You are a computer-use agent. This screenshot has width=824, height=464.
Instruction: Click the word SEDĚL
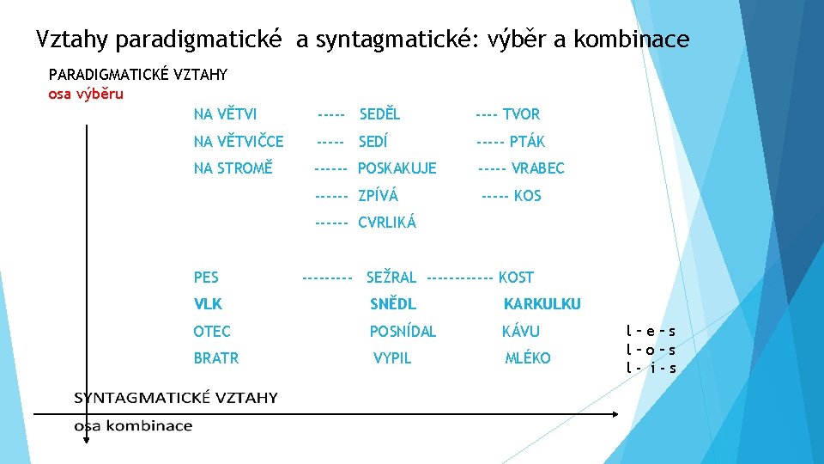point(379,114)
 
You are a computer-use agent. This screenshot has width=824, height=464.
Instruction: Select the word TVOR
point(521,114)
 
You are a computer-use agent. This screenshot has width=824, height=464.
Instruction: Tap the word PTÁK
point(527,142)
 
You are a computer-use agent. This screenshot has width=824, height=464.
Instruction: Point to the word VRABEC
point(538,168)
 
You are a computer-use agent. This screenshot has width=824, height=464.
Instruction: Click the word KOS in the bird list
point(527,196)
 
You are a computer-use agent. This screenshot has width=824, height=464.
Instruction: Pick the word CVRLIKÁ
point(386,223)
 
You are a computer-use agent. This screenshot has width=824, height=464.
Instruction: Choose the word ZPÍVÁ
point(378,196)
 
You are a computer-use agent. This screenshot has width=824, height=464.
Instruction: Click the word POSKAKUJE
point(397,168)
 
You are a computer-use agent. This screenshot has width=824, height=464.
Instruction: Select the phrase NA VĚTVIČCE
point(239,142)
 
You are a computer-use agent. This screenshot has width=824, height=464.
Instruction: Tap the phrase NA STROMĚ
point(233,168)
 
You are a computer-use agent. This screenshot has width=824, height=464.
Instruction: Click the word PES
point(206,278)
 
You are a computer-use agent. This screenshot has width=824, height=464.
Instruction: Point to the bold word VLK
point(208,304)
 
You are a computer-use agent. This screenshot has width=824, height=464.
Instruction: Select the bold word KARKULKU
point(542,304)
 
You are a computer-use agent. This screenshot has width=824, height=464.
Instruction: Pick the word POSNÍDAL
point(403,332)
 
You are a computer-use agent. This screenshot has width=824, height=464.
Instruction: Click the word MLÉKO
point(527,358)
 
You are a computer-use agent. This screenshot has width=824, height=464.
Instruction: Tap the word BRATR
point(216,358)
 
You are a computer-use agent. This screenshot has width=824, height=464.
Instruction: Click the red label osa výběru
point(86,94)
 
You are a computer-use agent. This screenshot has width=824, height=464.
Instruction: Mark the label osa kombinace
point(133,426)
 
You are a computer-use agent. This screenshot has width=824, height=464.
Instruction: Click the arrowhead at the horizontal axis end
point(614,413)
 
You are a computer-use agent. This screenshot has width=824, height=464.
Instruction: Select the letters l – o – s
point(650,350)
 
